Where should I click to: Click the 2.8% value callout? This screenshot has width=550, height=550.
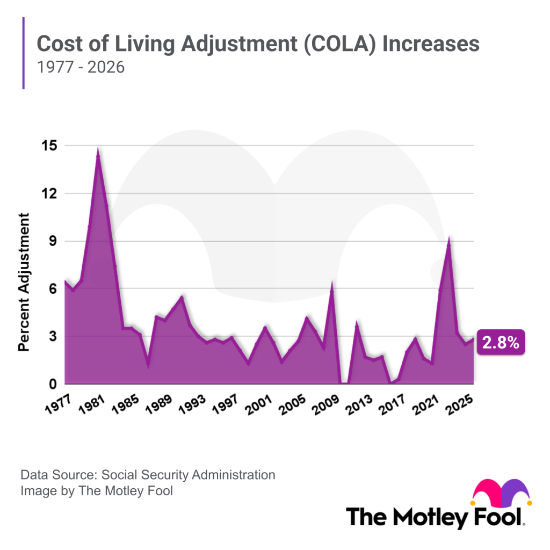(500, 343)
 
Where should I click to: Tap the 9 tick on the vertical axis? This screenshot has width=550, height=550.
(52, 241)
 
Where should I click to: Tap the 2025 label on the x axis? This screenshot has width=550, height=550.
(459, 404)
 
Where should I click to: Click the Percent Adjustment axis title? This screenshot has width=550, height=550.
(24, 282)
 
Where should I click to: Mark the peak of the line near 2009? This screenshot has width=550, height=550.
(332, 284)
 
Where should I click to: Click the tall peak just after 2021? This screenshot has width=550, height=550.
(448, 240)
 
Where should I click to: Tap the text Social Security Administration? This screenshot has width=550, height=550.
(188, 475)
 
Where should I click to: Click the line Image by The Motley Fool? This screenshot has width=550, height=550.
(97, 490)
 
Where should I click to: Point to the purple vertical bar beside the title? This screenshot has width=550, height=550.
(24, 53)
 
